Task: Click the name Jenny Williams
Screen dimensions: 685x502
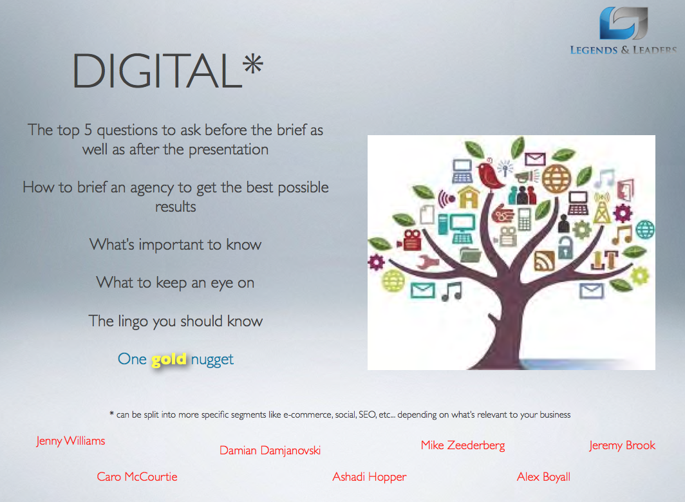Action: tap(71, 441)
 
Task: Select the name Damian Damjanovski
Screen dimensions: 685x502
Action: tap(270, 451)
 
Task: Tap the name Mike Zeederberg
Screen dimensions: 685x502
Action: tap(463, 445)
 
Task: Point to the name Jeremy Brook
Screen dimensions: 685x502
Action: tap(622, 445)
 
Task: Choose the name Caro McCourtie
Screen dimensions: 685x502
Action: tap(137, 476)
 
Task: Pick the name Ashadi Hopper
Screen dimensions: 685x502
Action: tap(370, 477)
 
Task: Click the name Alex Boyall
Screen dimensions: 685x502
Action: tap(543, 477)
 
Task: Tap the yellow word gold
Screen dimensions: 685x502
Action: tap(169, 360)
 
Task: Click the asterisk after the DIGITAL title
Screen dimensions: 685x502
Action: tap(254, 64)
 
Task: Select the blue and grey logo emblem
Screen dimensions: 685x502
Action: tap(623, 23)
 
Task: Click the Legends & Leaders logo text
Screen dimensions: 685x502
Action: tap(623, 50)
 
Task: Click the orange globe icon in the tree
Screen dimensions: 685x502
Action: tap(556, 178)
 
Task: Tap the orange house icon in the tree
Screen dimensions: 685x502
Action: tap(468, 197)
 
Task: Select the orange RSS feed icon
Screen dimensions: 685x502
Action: tap(545, 261)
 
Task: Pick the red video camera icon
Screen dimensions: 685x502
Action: tap(409, 239)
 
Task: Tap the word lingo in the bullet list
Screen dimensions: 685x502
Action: tap(133, 322)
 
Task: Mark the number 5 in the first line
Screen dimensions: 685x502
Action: tap(88, 130)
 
